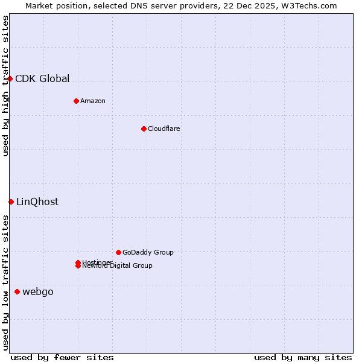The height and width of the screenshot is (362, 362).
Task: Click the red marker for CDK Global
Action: pyautogui.click(x=10, y=79)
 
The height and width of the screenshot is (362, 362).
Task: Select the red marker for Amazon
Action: pyautogui.click(x=76, y=101)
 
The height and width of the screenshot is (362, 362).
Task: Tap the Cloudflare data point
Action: pyautogui.click(x=144, y=129)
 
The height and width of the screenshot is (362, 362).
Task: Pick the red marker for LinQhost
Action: pyautogui.click(x=11, y=202)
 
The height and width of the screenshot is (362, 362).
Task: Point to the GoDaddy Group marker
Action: pyautogui.click(x=118, y=252)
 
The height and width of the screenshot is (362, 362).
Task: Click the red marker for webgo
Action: pyautogui.click(x=17, y=292)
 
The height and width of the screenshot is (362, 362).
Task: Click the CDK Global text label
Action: pyautogui.click(x=42, y=78)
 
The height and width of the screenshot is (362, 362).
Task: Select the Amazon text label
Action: pyautogui.click(x=93, y=101)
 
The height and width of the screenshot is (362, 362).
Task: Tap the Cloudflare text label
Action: pyautogui.click(x=164, y=129)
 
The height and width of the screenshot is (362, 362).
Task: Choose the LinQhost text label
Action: pyautogui.click(x=37, y=202)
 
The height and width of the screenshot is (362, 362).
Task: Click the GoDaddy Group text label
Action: pyautogui.click(x=148, y=252)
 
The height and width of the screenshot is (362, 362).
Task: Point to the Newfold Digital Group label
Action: pyautogui.click(x=118, y=266)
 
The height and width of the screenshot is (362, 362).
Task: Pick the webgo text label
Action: pyautogui.click(x=38, y=292)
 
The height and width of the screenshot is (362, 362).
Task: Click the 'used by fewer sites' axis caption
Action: pyautogui.click(x=62, y=357)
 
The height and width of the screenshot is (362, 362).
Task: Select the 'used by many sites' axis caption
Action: pyautogui.click(x=303, y=357)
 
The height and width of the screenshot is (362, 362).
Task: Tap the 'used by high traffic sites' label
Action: pyautogui.click(x=6, y=86)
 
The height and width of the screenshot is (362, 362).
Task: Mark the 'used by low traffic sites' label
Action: pyautogui.click(x=6, y=282)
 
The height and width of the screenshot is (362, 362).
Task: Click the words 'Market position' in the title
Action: pyautogui.click(x=52, y=6)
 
